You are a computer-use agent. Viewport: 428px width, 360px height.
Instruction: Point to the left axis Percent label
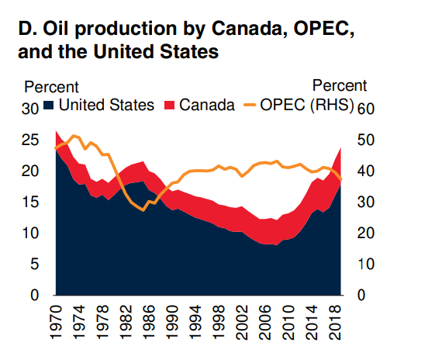click(52, 85)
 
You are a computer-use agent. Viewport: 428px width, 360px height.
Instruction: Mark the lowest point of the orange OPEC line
click(143, 210)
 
